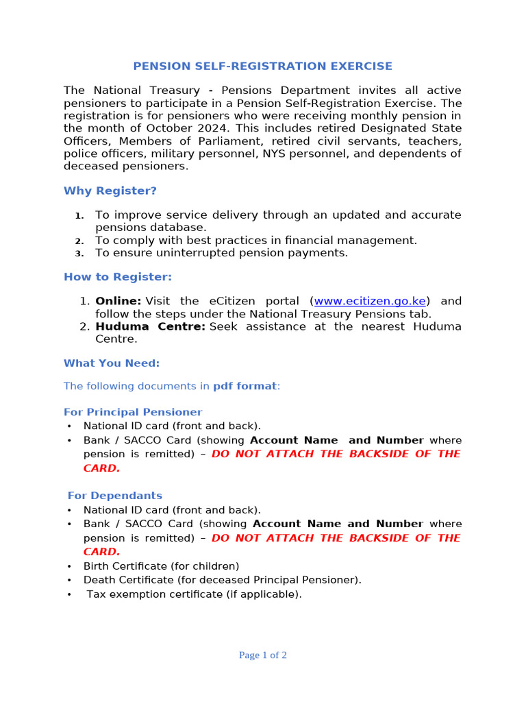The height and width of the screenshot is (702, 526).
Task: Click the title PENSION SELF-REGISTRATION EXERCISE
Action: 262,66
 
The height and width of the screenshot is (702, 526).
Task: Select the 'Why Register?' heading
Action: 110,191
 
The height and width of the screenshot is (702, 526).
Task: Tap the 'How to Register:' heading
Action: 118,277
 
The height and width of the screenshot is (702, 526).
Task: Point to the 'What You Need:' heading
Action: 112,363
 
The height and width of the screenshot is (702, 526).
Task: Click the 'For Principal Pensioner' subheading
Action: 133,412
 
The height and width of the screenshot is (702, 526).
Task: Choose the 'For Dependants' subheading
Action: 114,496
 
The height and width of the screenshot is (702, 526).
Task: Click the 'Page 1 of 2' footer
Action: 262,655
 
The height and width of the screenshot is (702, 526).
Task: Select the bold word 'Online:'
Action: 118,301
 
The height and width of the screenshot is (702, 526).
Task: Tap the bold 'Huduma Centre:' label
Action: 150,326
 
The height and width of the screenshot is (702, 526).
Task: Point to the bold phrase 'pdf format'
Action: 245,386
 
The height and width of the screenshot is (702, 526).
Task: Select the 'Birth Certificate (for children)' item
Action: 161,566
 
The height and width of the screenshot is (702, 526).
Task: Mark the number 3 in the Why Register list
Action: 79,254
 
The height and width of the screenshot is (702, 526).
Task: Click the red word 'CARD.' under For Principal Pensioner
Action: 101,468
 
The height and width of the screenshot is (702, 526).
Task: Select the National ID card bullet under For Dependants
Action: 172,510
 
